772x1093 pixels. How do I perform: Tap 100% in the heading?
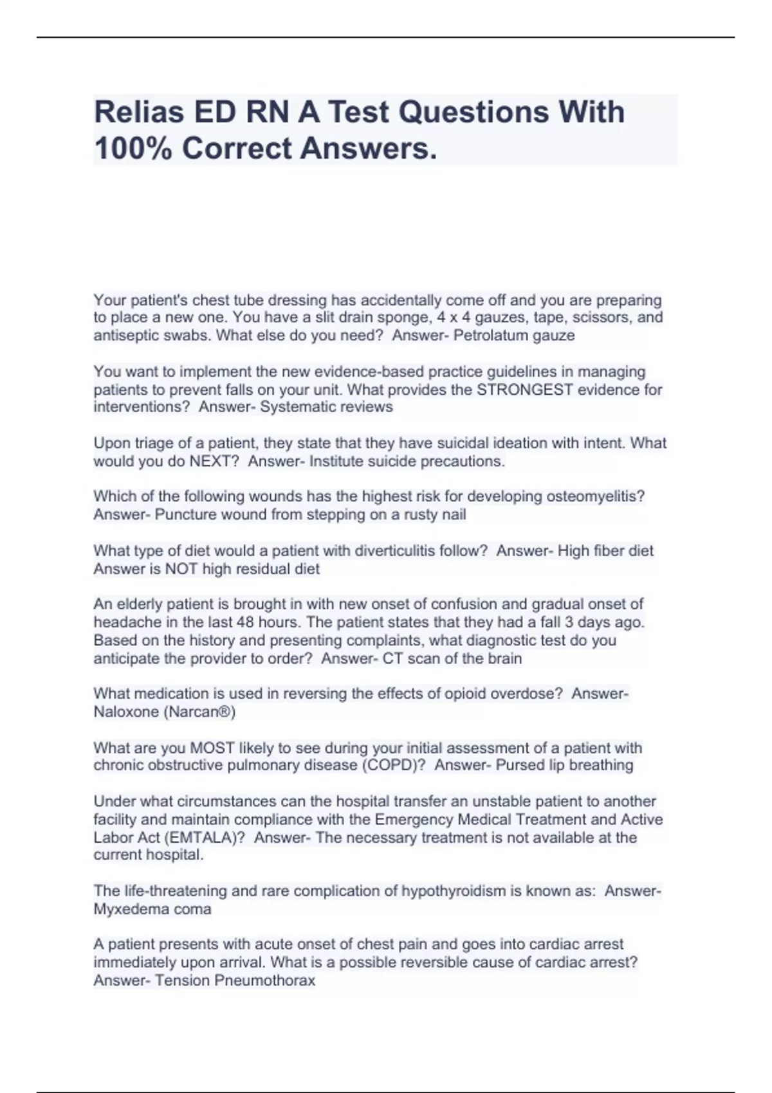pos(133,149)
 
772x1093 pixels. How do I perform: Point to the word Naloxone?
pos(125,712)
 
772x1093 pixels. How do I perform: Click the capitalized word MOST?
pos(212,748)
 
